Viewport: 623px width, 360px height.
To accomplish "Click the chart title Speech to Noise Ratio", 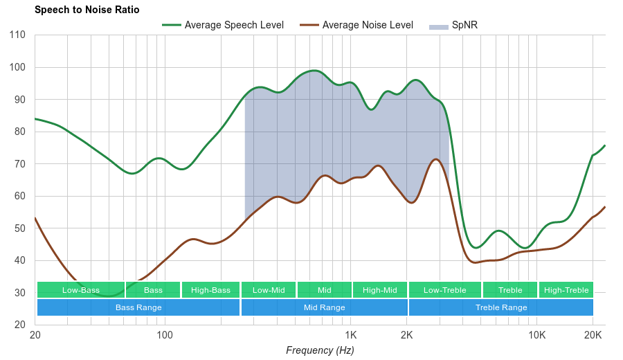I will click(87, 10).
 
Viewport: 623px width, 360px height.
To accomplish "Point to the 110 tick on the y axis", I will click(18, 35).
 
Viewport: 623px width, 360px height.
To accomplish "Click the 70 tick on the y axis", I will click(19, 164).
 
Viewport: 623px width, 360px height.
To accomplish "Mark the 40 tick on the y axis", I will click(19, 261).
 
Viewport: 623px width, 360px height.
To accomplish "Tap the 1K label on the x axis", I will click(350, 335).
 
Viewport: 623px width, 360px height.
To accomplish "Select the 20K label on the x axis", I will click(593, 335).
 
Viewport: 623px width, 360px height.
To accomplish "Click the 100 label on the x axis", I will click(165, 335).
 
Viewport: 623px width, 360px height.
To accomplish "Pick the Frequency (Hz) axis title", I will click(320, 350).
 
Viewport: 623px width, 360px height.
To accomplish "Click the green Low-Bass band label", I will click(81, 290).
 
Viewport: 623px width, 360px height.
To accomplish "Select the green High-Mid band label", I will click(380, 290).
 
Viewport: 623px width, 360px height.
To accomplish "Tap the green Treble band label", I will click(510, 290).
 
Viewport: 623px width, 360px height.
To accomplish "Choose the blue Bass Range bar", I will click(138, 307).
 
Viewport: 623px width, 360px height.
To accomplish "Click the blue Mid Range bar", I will click(324, 307).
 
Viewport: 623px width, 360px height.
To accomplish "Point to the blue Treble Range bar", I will click(501, 307).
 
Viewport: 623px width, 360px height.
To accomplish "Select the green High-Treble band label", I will click(566, 290).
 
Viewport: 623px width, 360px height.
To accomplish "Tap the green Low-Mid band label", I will click(269, 290).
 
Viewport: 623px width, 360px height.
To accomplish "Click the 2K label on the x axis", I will click(407, 335).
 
